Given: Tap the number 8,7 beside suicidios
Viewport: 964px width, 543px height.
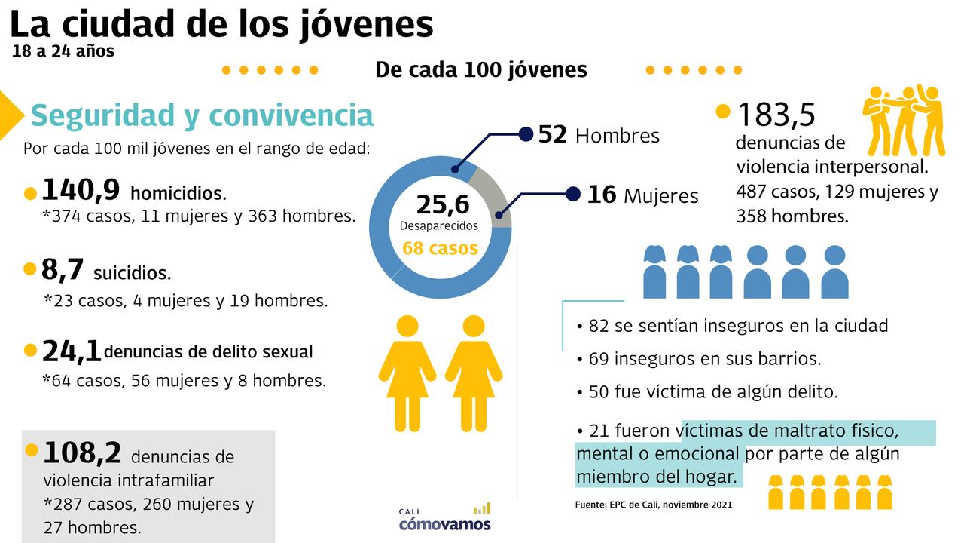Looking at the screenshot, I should tap(62, 269).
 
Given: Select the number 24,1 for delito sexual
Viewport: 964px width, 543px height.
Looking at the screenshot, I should tap(72, 351).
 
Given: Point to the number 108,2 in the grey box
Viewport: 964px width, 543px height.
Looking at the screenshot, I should tap(82, 453).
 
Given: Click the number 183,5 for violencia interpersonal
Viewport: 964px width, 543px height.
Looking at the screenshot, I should tap(776, 115).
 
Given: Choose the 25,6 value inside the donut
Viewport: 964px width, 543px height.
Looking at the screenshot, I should tap(442, 204).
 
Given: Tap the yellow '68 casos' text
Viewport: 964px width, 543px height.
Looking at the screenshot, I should tap(440, 247).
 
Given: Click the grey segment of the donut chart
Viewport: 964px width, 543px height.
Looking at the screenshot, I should tap(495, 195).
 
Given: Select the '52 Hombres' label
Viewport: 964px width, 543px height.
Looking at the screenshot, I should tap(598, 135).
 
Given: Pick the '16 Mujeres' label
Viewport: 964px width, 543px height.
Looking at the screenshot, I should tap(642, 195).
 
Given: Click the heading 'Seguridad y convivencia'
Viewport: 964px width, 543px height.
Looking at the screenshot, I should tap(202, 115).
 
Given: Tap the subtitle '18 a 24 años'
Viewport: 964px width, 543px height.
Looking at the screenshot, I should tap(63, 51).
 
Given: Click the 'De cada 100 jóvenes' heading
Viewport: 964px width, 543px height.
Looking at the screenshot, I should tap(481, 69).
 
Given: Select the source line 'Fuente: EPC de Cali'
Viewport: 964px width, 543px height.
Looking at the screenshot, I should tap(653, 504).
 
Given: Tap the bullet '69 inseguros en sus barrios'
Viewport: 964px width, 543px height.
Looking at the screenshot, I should tap(697, 359).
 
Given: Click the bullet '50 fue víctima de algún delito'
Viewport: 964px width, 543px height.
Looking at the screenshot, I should tap(706, 392).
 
